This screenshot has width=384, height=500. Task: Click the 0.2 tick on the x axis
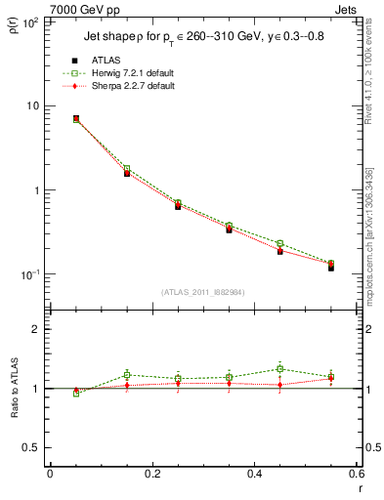click(x=150, y=474)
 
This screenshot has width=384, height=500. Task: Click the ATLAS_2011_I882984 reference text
click(x=202, y=292)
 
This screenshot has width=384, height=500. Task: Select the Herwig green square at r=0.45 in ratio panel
click(x=279, y=369)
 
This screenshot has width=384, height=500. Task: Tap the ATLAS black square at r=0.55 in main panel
click(x=330, y=267)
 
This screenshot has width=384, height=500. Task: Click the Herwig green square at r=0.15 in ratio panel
click(x=127, y=375)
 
